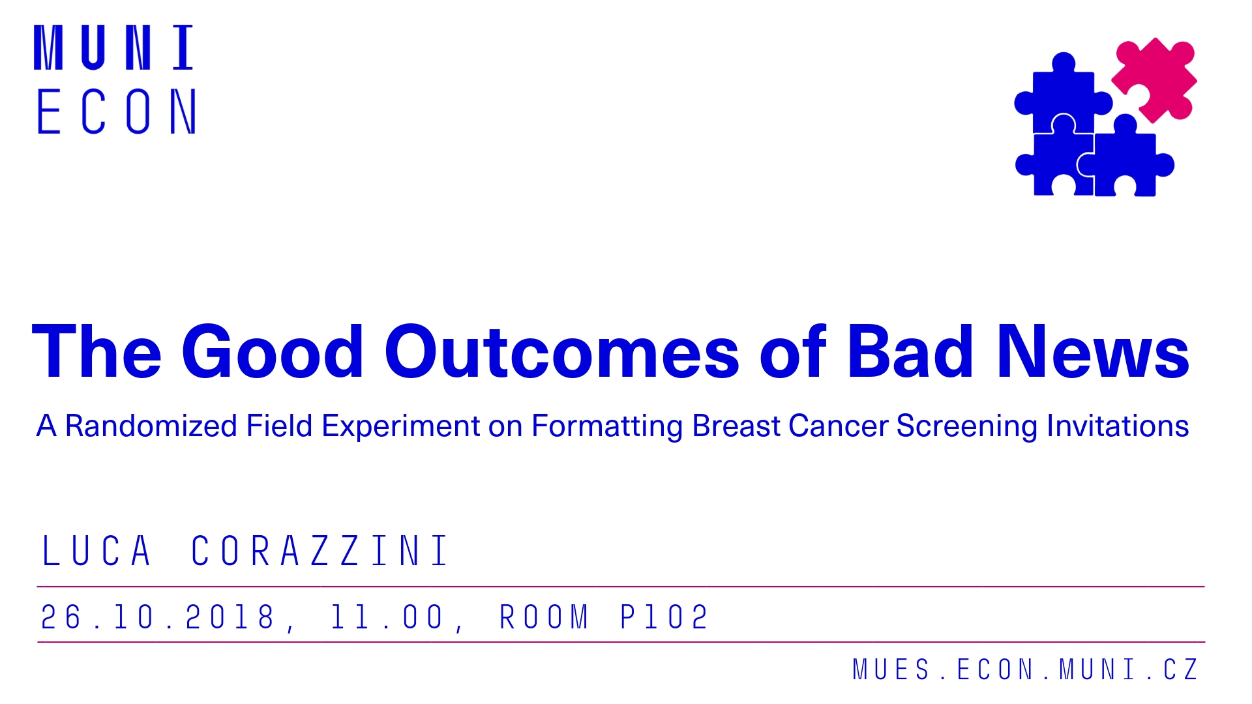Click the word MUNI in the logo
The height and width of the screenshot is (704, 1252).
pyautogui.click(x=114, y=48)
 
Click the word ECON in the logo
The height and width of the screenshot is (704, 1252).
pyautogui.click(x=116, y=111)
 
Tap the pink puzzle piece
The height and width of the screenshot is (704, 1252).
pyautogui.click(x=1154, y=80)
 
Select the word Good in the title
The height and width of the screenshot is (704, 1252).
pyautogui.click(x=273, y=351)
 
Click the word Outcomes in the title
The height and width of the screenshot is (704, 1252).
pyautogui.click(x=562, y=351)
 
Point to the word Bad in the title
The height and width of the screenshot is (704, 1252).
pyautogui.click(x=910, y=351)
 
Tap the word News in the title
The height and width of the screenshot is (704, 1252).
pyautogui.click(x=1093, y=351)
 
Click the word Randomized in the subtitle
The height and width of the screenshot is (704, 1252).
pyautogui.click(x=151, y=426)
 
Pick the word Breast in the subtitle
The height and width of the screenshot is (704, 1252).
pyautogui.click(x=736, y=426)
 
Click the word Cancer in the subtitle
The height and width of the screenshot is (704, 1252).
pyautogui.click(x=839, y=426)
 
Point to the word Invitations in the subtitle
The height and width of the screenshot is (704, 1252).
pyautogui.click(x=1118, y=426)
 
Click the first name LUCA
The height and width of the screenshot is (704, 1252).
pyautogui.click(x=97, y=551)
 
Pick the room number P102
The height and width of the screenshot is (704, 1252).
pyautogui.click(x=664, y=617)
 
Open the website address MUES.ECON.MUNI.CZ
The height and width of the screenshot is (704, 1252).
pyautogui.click(x=1025, y=669)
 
